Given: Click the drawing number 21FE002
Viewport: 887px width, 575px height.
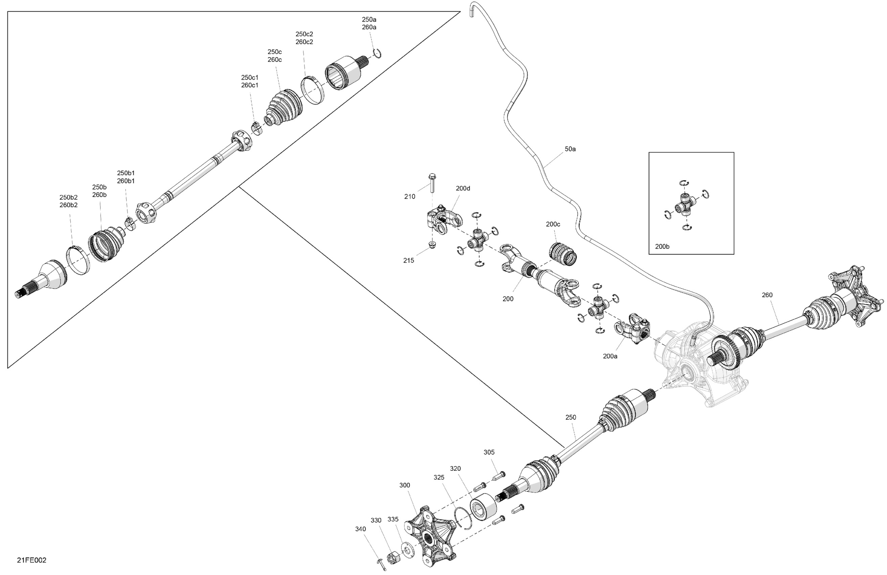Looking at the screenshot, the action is [x=32, y=560].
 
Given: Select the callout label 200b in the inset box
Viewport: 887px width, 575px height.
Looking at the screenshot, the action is [x=662, y=246].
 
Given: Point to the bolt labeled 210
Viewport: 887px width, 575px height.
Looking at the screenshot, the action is [x=432, y=183].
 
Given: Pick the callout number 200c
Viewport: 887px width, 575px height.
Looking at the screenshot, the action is [x=553, y=224].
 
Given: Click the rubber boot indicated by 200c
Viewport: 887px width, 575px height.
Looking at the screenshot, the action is [x=563, y=254].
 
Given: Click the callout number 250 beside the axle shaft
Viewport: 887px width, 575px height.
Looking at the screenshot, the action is [x=571, y=417].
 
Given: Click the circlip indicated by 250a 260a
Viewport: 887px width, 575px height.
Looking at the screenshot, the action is [x=377, y=54].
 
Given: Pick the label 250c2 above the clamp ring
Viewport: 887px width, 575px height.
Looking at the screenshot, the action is [x=304, y=34].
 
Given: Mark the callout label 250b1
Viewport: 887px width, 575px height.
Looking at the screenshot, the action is [x=126, y=173].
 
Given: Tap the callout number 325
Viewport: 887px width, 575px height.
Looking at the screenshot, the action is [x=439, y=477].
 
